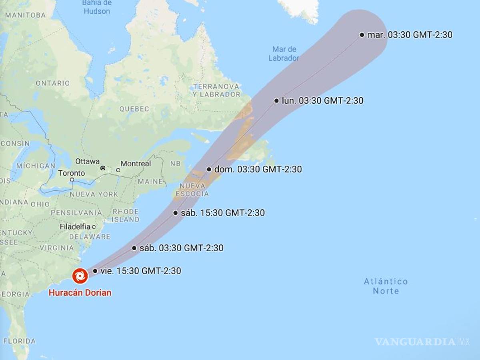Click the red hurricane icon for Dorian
pos(80,276)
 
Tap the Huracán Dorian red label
pos(80,293)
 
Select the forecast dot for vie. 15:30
pos(95,271)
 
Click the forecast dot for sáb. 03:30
pos(134,248)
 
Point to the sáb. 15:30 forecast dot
pos(175,213)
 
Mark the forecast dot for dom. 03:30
pos(209,169)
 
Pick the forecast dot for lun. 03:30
pos(276,100)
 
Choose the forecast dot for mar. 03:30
pos(362,35)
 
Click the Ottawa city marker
pos(103,168)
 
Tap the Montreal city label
pos(136,164)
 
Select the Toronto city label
pos(72,173)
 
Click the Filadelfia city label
pos(75,227)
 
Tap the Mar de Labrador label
pos(284,54)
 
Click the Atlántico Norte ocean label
pos(386,286)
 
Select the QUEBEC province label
pos(134,109)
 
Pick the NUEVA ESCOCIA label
pos(194,190)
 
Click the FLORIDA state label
pos(19,341)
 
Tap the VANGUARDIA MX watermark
pos(422,342)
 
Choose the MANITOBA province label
pos(26,15)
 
